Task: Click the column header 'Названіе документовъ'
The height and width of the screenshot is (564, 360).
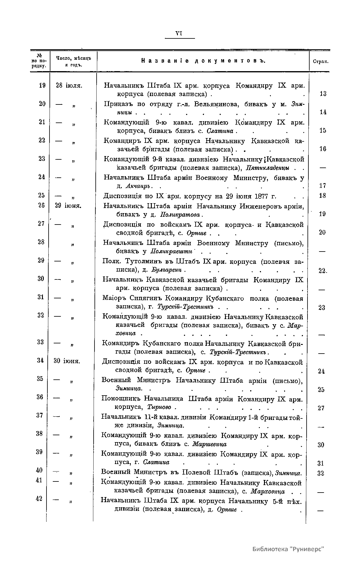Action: tap(203, 61)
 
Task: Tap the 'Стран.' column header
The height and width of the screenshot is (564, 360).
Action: tap(320, 62)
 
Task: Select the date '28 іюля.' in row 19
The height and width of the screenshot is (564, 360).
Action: tap(69, 86)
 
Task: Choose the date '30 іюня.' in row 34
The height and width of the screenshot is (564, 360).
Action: tap(67, 361)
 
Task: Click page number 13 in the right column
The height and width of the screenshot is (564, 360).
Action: tap(323, 94)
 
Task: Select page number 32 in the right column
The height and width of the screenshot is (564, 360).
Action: tap(321, 474)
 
